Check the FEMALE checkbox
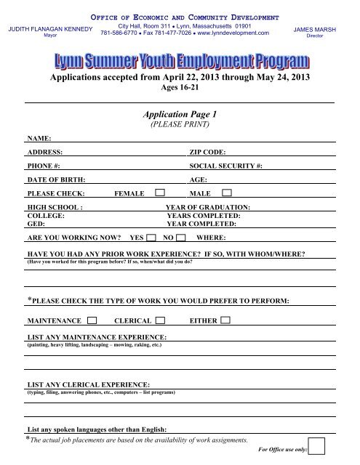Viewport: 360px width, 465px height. [x=159, y=193]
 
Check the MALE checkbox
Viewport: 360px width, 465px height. [x=227, y=193]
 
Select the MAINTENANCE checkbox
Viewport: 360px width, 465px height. [x=92, y=320]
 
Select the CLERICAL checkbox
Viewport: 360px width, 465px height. [x=160, y=320]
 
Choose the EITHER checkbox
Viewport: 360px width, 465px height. [x=225, y=320]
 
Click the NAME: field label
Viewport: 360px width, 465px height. [x=39, y=137]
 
